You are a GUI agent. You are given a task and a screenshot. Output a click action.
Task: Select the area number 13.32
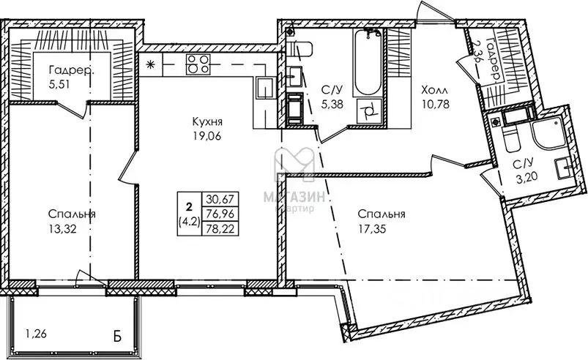(x=62, y=228)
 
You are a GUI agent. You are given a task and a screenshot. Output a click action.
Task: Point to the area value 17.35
(x=382, y=228)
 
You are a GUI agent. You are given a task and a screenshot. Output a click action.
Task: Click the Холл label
(x=433, y=89)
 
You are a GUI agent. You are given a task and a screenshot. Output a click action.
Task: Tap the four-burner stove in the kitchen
(x=196, y=64)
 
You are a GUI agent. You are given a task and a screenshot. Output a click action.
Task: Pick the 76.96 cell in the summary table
(x=220, y=213)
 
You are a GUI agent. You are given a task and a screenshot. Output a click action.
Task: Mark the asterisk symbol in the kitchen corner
(x=151, y=64)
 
